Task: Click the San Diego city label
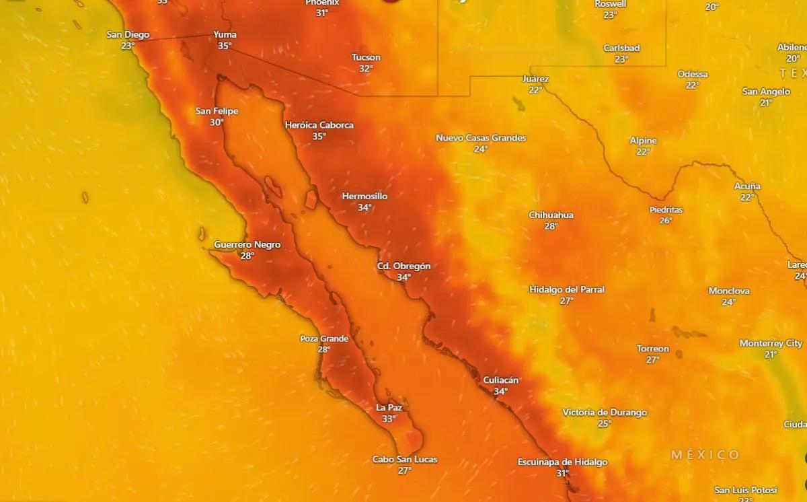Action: coord(128,35)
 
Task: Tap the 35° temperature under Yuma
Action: coord(225,46)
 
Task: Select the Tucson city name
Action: coord(366,58)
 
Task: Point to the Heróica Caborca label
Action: coord(319,125)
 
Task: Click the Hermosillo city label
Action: coord(364,196)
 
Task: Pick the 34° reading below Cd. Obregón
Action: coord(403,277)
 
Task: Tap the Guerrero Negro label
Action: coord(247,245)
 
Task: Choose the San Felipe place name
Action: coord(217,111)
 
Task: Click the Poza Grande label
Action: coord(324,338)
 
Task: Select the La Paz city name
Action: coord(389,408)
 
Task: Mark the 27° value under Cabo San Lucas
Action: coord(404,470)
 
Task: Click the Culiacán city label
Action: coord(501,380)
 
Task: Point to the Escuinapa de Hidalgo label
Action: coord(562,462)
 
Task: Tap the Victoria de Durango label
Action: coord(605,413)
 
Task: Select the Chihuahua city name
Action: coord(551,215)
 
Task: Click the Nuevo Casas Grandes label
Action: coord(481,138)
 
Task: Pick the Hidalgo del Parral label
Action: coord(566,289)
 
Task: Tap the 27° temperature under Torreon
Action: coord(652,360)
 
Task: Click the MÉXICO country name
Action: coord(705,455)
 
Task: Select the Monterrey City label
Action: coord(771,343)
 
